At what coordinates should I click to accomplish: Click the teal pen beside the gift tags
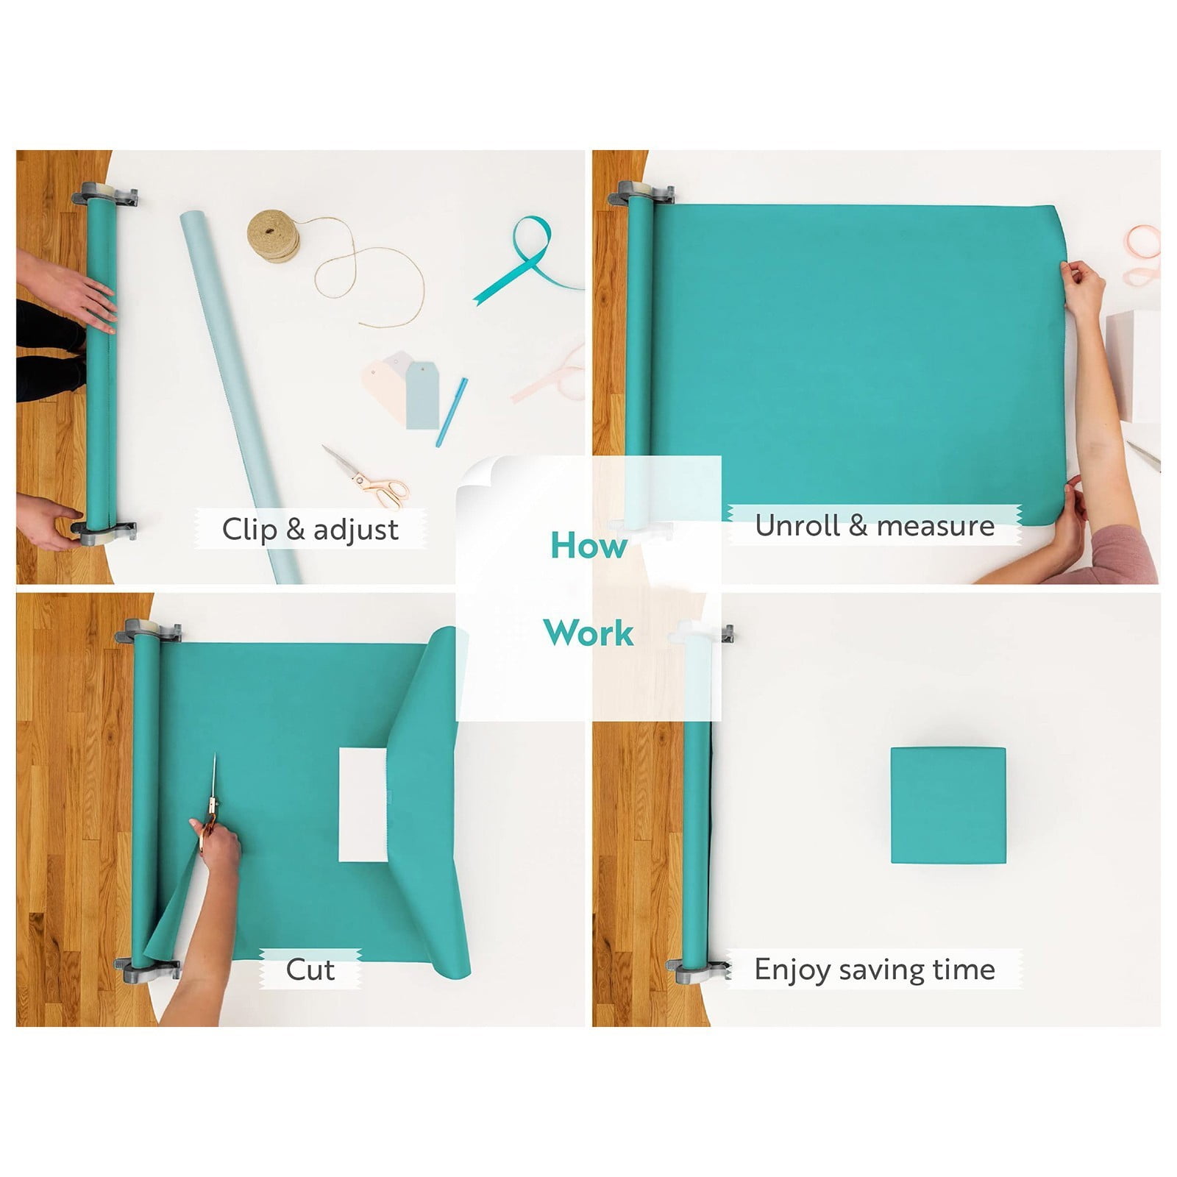pos(451,412)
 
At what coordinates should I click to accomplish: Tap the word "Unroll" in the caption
pos(797,526)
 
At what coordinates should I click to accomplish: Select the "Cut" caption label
pos(310,970)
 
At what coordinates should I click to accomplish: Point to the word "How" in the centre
pos(588,545)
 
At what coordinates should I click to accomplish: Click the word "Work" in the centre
pos(588,633)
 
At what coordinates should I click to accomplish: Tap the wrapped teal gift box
pos(947,806)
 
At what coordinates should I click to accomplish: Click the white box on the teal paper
pos(363,806)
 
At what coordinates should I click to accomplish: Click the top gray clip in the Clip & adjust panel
pos(105,195)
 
